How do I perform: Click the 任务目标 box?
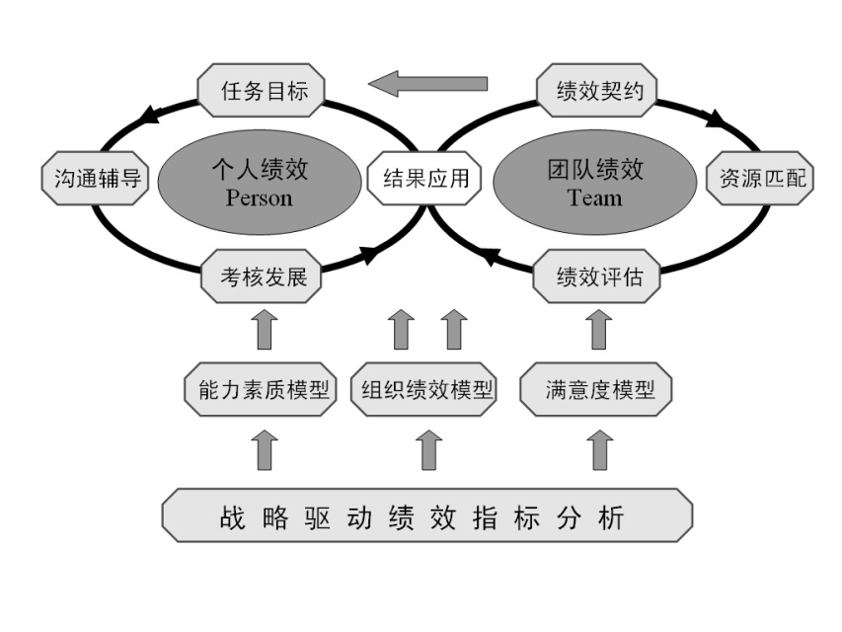click(x=265, y=92)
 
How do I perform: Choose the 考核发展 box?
click(x=264, y=276)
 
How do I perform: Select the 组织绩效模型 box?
click(x=425, y=389)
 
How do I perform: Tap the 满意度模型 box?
click(x=600, y=389)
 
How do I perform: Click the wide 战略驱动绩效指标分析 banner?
click(x=425, y=515)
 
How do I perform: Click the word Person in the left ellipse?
click(x=260, y=197)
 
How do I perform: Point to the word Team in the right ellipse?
click(x=595, y=197)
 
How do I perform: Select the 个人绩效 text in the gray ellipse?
click(x=260, y=170)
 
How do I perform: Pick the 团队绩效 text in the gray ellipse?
click(x=595, y=170)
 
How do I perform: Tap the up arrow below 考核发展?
click(x=264, y=330)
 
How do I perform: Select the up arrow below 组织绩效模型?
click(x=426, y=449)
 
